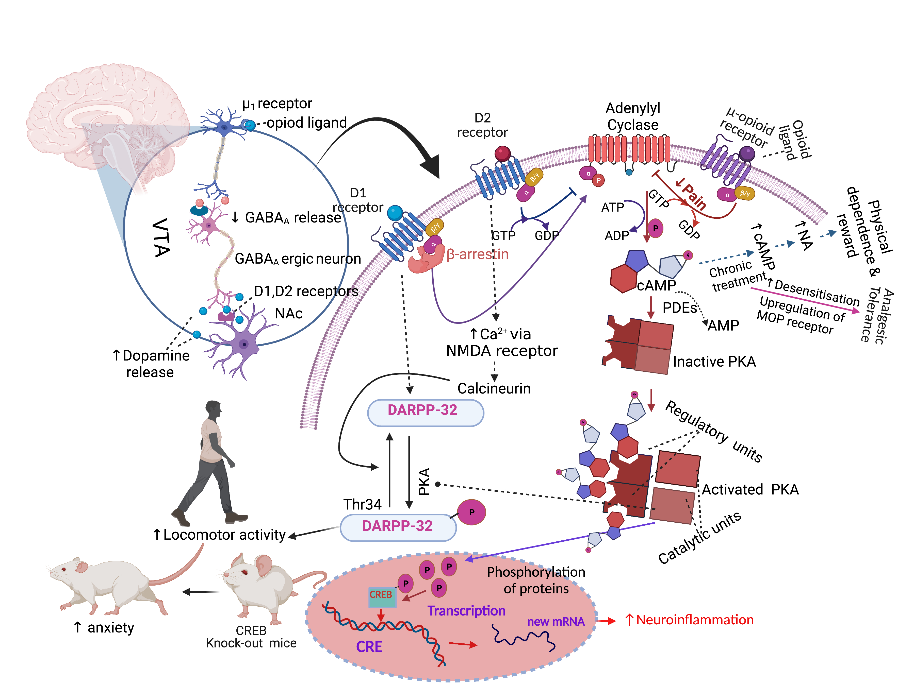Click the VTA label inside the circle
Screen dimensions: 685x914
click(x=161, y=237)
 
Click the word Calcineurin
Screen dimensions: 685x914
click(x=494, y=388)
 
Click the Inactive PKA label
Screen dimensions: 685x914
click(x=714, y=362)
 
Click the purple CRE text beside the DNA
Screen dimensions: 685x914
click(x=369, y=647)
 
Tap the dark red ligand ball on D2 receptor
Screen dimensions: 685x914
click(x=502, y=153)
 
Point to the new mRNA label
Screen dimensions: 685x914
click(x=556, y=621)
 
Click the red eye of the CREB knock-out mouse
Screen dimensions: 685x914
click(x=244, y=572)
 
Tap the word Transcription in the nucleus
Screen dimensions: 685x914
click(x=466, y=611)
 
